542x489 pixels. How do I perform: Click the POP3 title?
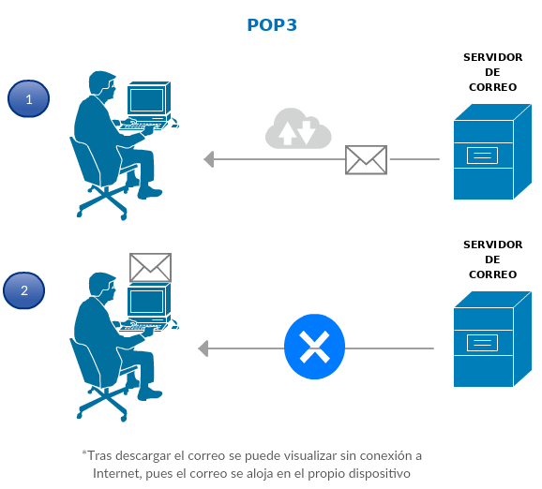click(x=272, y=25)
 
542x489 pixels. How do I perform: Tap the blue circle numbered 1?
click(x=29, y=98)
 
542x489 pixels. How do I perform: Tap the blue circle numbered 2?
click(x=23, y=290)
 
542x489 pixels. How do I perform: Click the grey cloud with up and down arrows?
click(x=298, y=128)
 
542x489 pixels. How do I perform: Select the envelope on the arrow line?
click(x=366, y=159)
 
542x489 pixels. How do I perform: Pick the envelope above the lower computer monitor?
click(x=150, y=268)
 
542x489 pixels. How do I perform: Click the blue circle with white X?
click(x=314, y=347)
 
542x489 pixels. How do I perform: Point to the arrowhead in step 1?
click(x=209, y=159)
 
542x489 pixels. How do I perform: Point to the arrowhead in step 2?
click(x=203, y=348)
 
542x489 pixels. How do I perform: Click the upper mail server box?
click(x=492, y=152)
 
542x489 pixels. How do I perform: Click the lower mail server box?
click(x=492, y=339)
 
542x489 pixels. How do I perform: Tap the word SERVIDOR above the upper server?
click(x=492, y=57)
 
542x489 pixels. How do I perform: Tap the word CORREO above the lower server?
click(x=492, y=274)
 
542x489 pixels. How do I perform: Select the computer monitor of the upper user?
click(x=149, y=98)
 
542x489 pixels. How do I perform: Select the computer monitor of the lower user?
click(x=149, y=300)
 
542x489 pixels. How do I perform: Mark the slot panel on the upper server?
click(x=482, y=156)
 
